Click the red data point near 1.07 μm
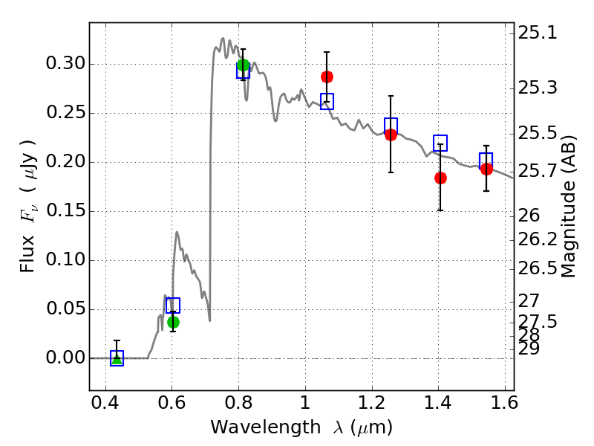(327, 77)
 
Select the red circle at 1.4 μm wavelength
(440, 178)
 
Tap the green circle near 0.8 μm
(243, 65)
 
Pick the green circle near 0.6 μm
(173, 322)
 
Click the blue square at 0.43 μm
(117, 358)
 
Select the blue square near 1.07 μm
(327, 101)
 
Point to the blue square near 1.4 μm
(440, 143)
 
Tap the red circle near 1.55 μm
(486, 169)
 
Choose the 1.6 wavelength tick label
(504, 404)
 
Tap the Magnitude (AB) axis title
(569, 206)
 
